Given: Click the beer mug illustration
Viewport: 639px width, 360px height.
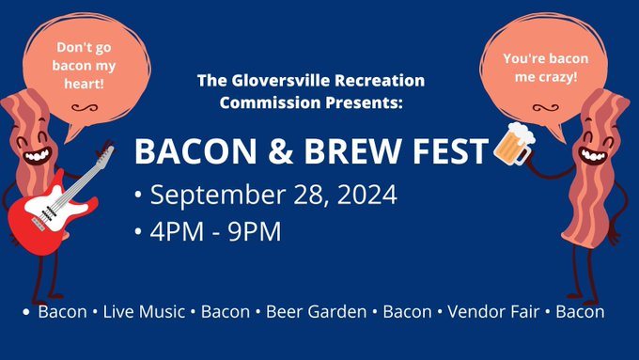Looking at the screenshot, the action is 514,144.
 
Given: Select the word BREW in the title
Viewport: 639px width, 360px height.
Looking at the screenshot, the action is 352,150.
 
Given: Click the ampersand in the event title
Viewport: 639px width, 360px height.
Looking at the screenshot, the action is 280,150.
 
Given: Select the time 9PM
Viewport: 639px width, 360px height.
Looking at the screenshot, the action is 255,231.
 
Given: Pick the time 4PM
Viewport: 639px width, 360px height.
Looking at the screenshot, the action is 177,231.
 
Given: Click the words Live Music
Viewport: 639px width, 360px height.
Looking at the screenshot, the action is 144,312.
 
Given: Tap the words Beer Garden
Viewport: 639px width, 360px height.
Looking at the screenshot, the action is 317,312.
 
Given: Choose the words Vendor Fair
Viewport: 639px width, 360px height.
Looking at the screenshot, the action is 493,312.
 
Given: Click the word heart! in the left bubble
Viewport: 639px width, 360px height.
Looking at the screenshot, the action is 84,84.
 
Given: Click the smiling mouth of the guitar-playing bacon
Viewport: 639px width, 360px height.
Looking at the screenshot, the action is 38,156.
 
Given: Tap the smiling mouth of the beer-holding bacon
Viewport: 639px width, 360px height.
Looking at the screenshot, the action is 593,155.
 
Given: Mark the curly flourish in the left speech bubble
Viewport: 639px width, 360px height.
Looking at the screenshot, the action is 85,108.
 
